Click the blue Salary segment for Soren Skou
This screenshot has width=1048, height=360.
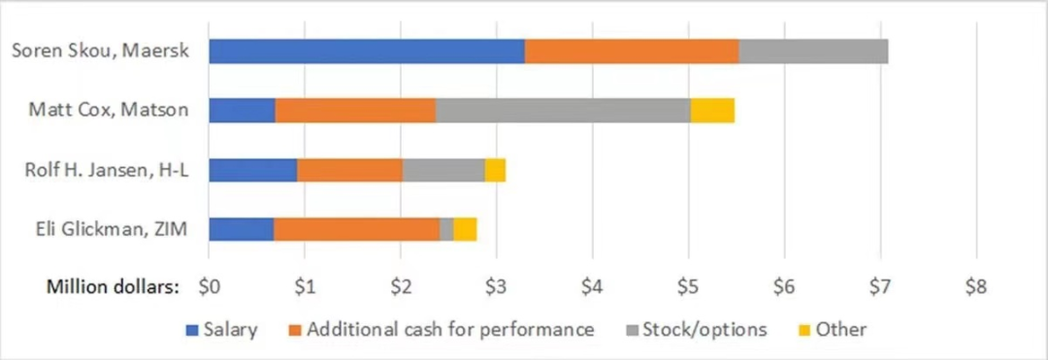pyautogui.click(x=367, y=51)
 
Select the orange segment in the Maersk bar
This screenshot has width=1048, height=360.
pyautogui.click(x=632, y=51)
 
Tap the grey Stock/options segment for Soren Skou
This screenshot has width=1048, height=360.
pyautogui.click(x=813, y=51)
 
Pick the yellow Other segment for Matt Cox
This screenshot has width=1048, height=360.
pyautogui.click(x=712, y=111)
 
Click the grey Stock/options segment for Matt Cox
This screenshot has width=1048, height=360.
pyautogui.click(x=563, y=111)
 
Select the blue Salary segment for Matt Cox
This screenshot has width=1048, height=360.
pyautogui.click(x=242, y=111)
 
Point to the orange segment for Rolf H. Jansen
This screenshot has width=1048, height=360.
pyautogui.click(x=349, y=170)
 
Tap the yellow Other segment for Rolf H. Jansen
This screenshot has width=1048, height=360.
pyautogui.click(x=495, y=170)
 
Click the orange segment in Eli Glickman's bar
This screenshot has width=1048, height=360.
pyautogui.click(x=356, y=229)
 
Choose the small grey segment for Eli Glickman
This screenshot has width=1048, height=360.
pyautogui.click(x=446, y=229)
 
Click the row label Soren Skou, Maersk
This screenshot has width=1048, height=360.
pyautogui.click(x=99, y=51)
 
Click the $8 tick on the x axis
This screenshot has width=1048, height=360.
pyautogui.click(x=975, y=287)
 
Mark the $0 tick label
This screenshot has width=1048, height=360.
pyautogui.click(x=209, y=287)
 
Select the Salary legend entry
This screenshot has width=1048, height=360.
pyautogui.click(x=229, y=329)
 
